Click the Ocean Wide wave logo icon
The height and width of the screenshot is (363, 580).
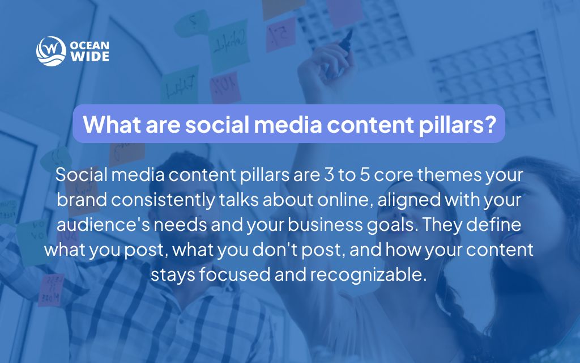pyautogui.click(x=48, y=50)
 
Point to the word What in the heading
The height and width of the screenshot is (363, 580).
pyautogui.click(x=109, y=124)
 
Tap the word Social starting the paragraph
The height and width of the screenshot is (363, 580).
pyautogui.click(x=81, y=176)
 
